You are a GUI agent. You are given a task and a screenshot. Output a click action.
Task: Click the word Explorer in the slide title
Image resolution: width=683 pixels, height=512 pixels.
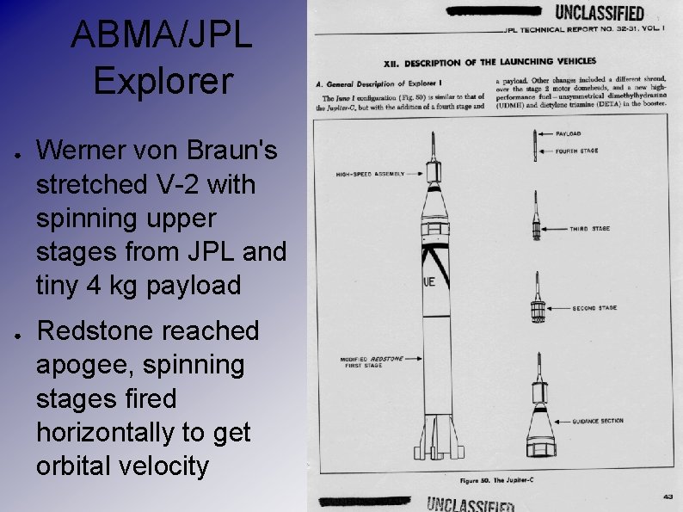coord(163,82)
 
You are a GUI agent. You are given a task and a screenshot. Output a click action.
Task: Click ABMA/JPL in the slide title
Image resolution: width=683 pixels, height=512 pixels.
coord(163,35)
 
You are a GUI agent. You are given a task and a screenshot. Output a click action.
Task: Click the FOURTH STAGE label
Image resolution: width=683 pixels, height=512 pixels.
coord(576,151)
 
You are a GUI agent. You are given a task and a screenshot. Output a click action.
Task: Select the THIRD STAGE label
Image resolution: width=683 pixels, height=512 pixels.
coord(589,229)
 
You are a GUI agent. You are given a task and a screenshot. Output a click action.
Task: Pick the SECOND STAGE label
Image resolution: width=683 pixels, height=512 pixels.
coord(594,307)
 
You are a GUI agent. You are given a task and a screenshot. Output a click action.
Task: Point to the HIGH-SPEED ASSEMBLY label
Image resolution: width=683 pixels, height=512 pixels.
coord(370,175)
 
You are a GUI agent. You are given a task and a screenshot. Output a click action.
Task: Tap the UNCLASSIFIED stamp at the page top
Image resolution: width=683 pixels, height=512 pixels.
coord(600,12)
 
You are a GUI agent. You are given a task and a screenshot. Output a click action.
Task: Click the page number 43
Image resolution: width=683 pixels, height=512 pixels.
coord(668,495)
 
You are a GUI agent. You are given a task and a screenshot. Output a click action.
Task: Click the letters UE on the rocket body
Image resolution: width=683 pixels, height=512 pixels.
coord(429,281)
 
